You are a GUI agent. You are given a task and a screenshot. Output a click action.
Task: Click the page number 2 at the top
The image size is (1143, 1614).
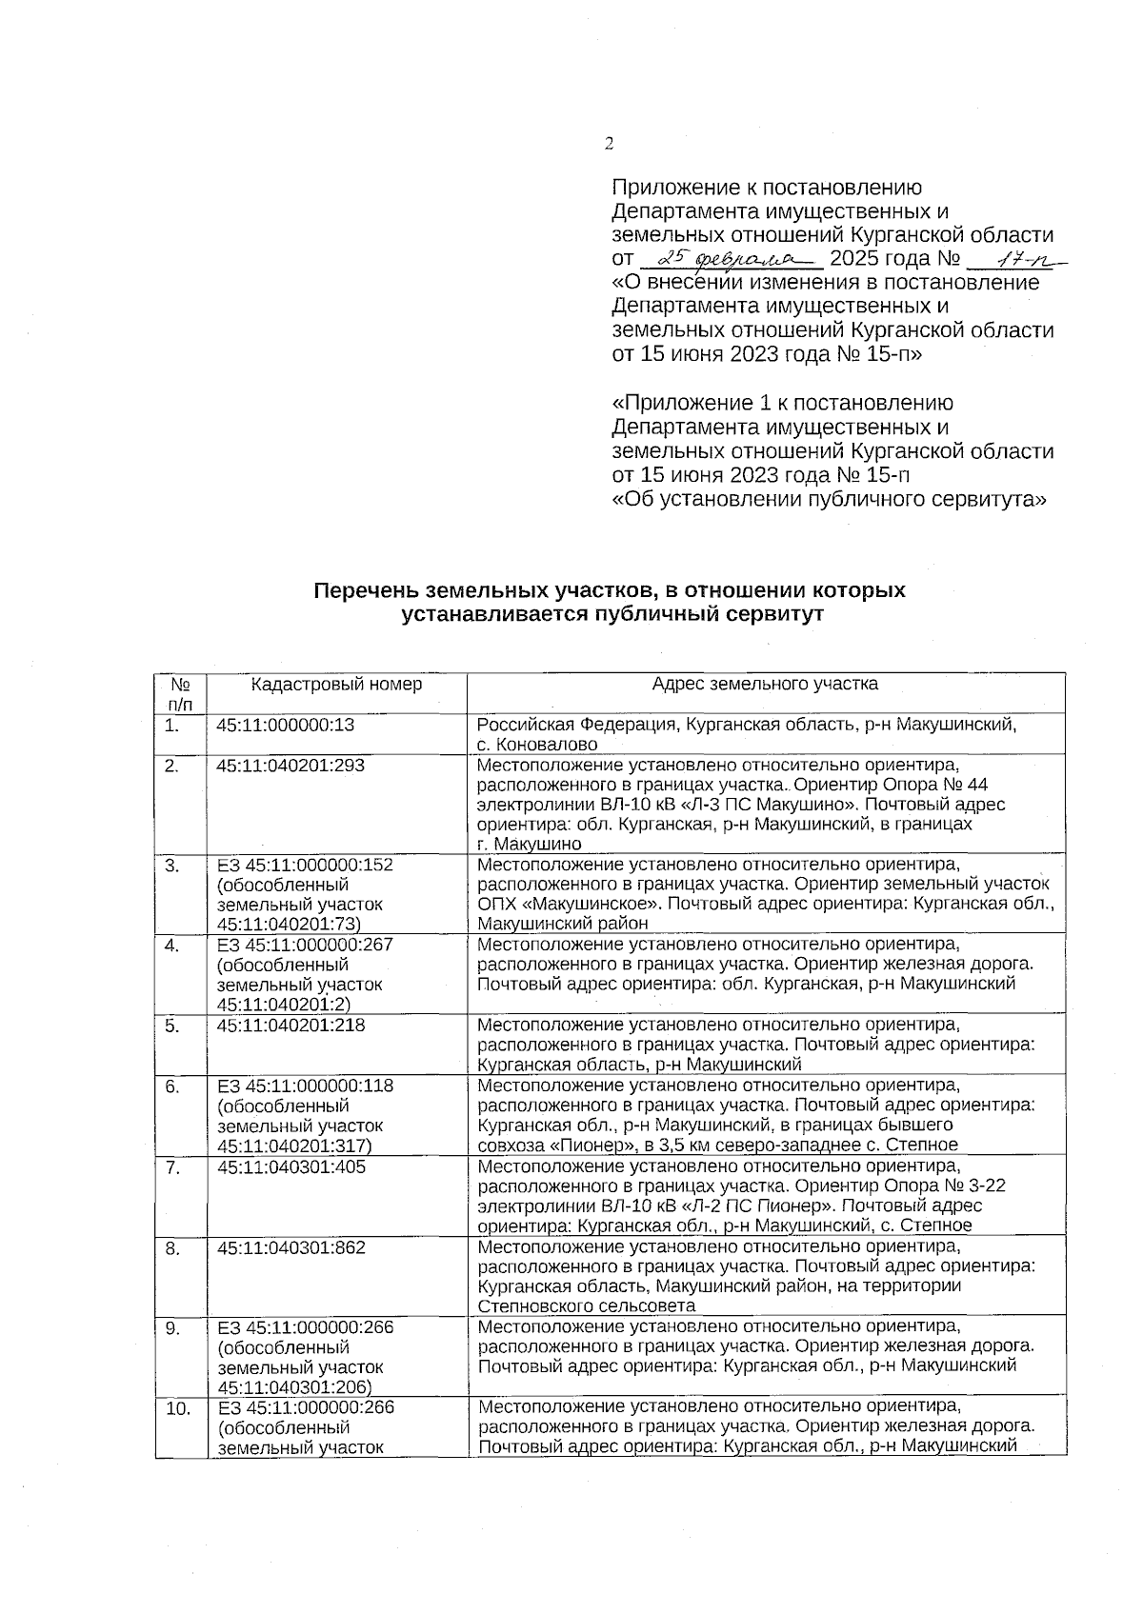point(609,144)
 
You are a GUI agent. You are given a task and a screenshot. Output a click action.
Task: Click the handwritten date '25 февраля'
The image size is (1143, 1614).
point(731,257)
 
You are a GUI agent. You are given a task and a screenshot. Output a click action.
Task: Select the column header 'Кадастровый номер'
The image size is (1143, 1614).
point(336,684)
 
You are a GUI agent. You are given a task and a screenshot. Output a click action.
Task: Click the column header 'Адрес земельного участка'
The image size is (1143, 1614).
point(765,684)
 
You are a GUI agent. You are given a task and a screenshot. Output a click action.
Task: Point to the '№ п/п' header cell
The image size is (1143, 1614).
point(180,694)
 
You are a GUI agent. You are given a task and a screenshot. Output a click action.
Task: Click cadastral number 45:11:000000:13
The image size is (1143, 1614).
point(286,725)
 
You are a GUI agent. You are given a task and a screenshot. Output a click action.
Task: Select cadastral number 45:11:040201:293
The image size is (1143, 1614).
point(291,765)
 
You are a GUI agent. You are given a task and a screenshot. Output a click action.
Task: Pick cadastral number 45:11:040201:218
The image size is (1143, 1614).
point(291,1026)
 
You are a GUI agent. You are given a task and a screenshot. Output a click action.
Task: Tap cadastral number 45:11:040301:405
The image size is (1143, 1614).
point(291,1166)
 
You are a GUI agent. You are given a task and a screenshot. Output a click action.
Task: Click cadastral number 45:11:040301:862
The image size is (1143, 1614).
point(291,1246)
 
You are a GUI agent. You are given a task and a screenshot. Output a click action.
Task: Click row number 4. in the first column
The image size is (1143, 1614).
point(172,946)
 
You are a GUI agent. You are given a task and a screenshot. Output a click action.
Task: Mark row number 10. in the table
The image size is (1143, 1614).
point(177,1408)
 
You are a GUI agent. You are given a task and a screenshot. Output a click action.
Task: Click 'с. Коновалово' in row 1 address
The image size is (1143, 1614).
point(537,745)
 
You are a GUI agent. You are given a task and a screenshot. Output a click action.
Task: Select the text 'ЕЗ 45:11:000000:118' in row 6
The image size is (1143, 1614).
point(305,1086)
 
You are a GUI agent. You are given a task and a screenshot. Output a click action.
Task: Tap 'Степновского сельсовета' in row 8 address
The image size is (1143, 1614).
point(586,1306)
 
